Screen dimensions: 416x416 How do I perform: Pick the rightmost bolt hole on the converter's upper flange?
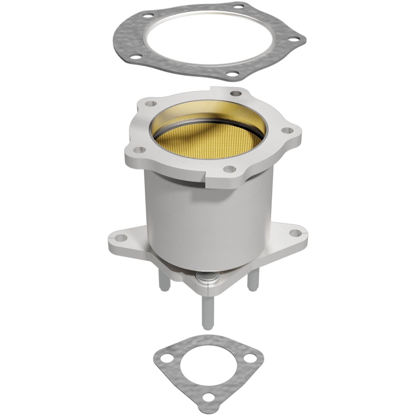(x=287, y=130)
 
